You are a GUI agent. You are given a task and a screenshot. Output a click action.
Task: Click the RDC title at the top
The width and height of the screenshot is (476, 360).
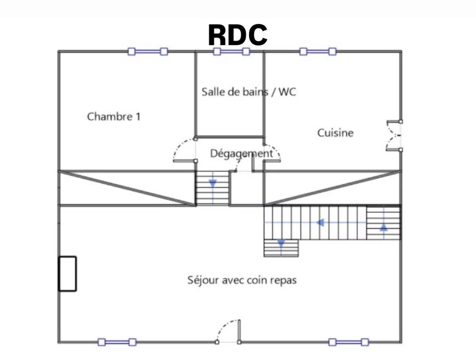click(x=238, y=35)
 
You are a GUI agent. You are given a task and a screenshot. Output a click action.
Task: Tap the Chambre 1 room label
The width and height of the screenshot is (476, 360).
click(x=114, y=116)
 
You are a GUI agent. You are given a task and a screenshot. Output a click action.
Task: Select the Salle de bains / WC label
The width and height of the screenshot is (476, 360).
click(x=248, y=92)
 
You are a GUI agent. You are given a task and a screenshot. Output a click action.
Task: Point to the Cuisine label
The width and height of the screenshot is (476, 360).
click(x=336, y=133)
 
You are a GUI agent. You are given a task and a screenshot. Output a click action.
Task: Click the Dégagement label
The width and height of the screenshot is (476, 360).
click(x=241, y=153)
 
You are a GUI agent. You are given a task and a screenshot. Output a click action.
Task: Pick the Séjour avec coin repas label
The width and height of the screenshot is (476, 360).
click(x=242, y=280)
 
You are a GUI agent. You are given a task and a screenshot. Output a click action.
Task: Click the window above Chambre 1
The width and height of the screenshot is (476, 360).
click(x=148, y=51)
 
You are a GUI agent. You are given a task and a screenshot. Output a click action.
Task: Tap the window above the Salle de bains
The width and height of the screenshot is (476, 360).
click(x=231, y=51)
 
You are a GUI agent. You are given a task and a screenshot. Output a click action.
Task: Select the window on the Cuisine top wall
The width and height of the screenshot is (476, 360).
click(x=317, y=51)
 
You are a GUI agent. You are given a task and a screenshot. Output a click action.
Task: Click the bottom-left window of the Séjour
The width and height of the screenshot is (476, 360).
click(x=117, y=342)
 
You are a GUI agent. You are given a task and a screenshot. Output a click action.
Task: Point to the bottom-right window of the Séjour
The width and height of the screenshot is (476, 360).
click(x=348, y=342)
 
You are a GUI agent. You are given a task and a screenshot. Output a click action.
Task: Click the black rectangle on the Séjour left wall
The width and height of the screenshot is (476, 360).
click(x=67, y=274)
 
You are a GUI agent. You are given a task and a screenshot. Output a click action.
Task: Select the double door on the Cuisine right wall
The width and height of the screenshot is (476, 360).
click(x=395, y=136)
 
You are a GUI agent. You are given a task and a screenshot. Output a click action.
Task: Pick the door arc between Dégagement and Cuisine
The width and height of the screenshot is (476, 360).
click(x=273, y=151)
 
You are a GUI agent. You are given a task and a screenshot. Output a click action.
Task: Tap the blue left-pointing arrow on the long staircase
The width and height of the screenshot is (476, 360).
click(x=321, y=222)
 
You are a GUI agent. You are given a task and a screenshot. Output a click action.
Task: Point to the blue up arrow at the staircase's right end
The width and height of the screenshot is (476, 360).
click(x=384, y=227)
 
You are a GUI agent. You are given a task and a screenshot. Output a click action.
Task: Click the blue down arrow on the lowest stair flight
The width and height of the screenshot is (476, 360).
click(x=281, y=244)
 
